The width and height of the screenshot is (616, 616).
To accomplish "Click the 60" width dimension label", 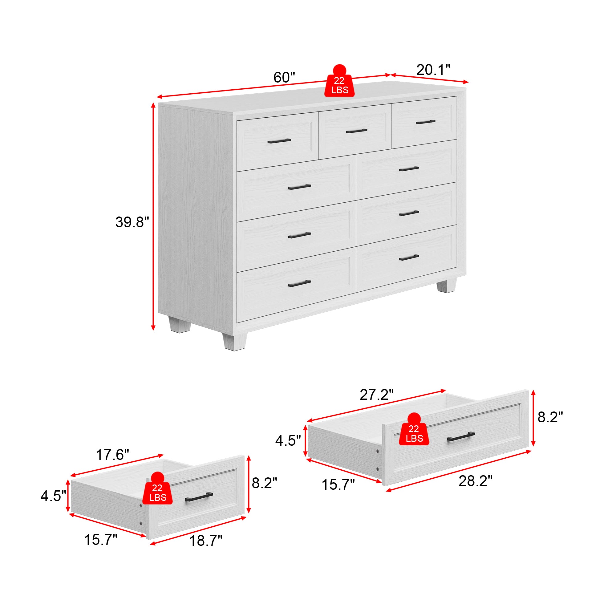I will click(x=284, y=78).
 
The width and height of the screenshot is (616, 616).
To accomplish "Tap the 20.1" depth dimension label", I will click(x=433, y=70).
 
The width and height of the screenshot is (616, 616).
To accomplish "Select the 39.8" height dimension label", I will click(x=132, y=222).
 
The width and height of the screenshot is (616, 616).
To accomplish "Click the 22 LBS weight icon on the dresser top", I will click(x=339, y=82).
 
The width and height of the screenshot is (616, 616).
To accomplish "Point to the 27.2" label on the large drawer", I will click(x=377, y=395).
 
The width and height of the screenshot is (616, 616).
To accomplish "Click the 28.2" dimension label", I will click(x=475, y=481).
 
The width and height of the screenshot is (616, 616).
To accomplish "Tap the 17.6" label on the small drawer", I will click(x=112, y=455).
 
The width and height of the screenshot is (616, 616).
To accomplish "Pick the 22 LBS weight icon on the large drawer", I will click(x=414, y=431).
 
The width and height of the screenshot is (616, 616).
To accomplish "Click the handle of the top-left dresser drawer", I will click(x=279, y=141).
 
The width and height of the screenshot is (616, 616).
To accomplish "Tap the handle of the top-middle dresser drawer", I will click(x=356, y=131).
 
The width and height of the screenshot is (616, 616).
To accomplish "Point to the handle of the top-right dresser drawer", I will click(x=426, y=122).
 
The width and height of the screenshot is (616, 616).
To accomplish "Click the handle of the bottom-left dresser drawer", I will click(x=299, y=283).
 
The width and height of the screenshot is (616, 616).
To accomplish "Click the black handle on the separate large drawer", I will click(x=461, y=436).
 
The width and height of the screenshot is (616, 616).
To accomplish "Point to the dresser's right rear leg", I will click(x=446, y=286).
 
